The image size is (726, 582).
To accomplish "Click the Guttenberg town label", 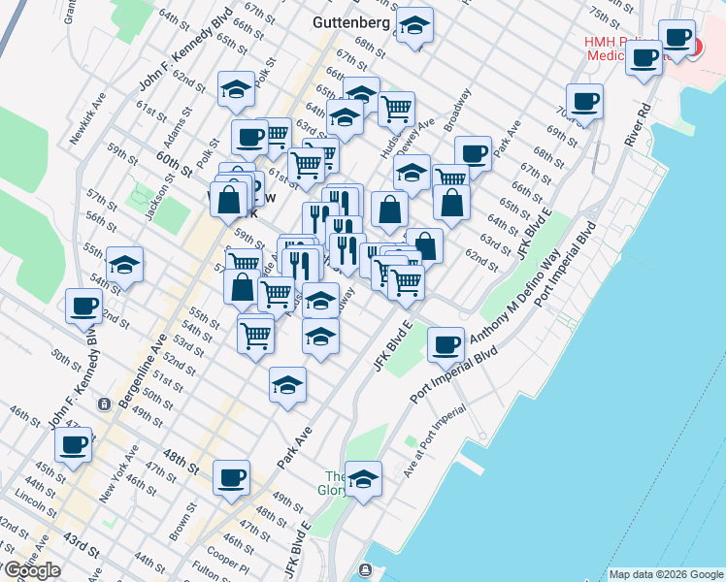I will pyautogui.click(x=351, y=21).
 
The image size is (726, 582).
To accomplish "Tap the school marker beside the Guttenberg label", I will pyautogui.click(x=415, y=26).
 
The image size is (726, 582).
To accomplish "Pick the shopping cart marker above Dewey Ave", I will pyautogui.click(x=396, y=110).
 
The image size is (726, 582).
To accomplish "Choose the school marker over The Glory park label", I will pyautogui.click(x=363, y=479).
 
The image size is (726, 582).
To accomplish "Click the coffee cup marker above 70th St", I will pyautogui.click(x=584, y=101).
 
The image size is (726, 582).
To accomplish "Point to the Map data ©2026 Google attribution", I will pyautogui.click(x=666, y=574).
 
